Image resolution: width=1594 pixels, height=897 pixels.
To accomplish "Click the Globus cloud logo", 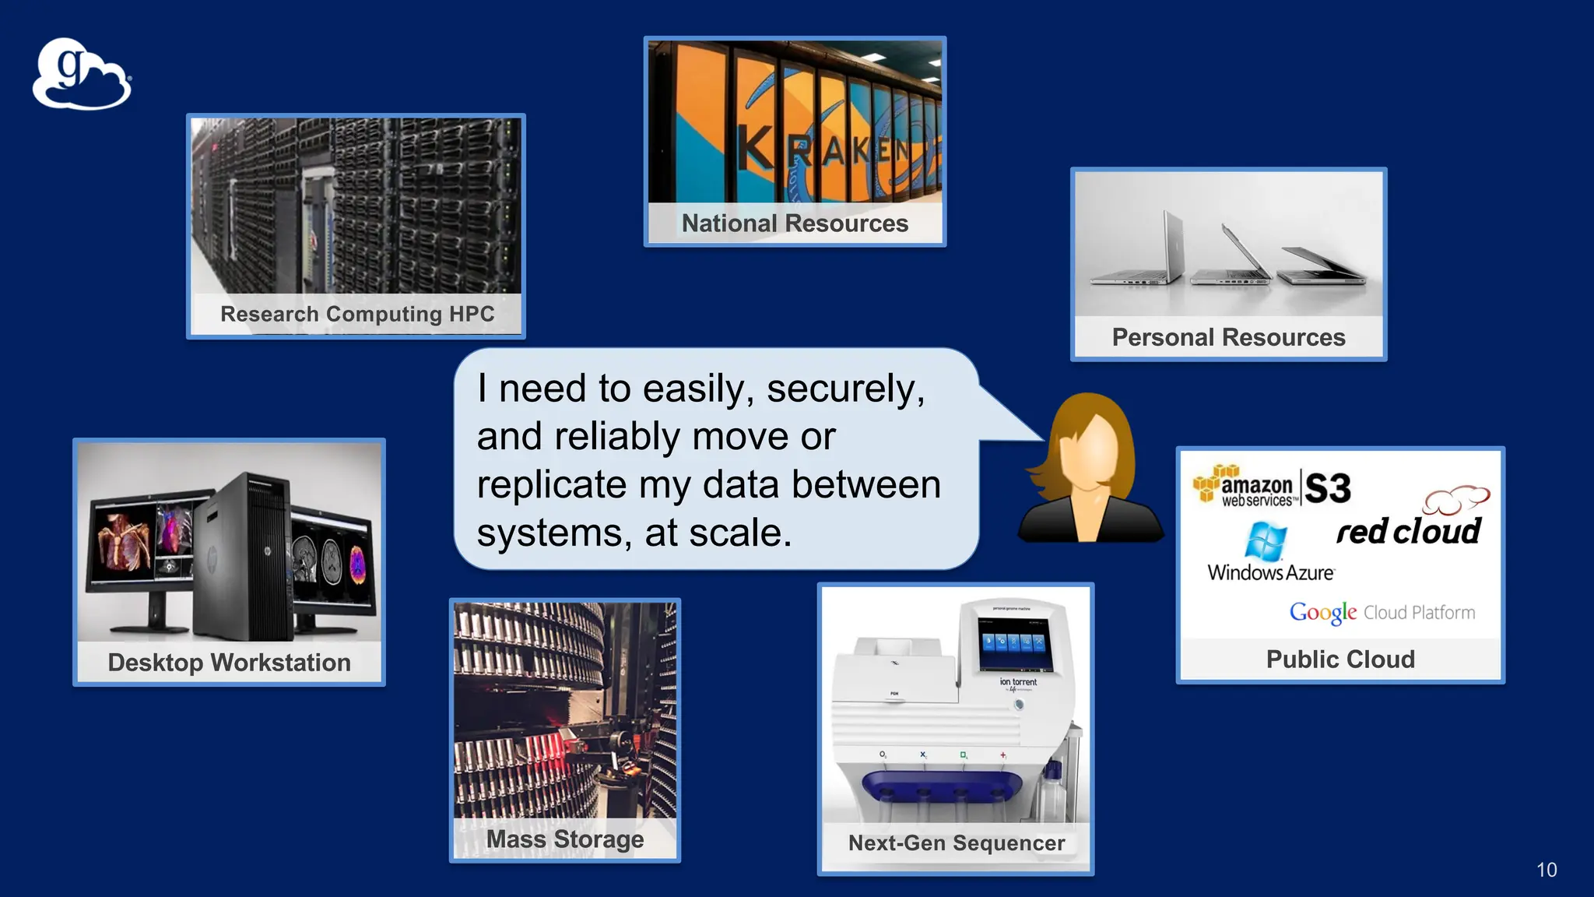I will pos(82,75).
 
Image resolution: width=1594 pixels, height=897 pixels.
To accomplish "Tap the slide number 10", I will pos(1547,870).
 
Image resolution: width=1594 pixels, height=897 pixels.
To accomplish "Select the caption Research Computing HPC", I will pos(357,314).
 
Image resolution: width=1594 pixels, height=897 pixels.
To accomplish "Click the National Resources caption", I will pos(795,223).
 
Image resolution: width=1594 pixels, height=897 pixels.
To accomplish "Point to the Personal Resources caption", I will pos(1228,337).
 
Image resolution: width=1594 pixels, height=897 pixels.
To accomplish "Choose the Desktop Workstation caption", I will pos(229,663).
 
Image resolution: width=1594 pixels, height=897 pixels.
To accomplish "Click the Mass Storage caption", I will pos(565,839).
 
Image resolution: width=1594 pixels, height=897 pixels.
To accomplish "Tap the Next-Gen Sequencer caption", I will pos(956,843).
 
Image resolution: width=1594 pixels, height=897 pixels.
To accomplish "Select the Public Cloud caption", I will pos(1340,660).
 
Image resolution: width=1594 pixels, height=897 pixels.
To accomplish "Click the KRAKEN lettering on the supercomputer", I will pos(825,148).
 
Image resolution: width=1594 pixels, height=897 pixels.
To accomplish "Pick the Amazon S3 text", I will pos(1328,489).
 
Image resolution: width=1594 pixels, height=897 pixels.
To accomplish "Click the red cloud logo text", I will pos(1408,532).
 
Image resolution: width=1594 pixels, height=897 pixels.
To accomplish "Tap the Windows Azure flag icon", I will pos(1266,540).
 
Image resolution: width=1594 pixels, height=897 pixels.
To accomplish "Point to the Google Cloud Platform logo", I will pos(1382,613).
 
